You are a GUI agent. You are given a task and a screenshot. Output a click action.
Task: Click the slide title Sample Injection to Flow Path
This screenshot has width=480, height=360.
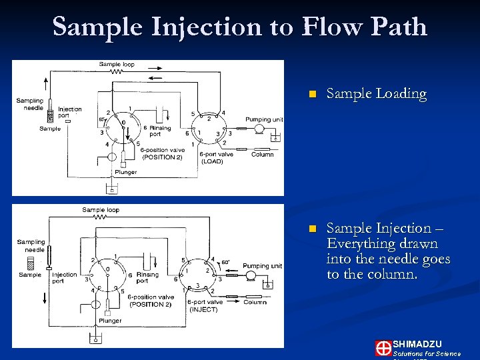[x=240, y=27]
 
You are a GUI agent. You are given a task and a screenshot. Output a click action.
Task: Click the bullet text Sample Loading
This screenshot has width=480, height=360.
[x=376, y=94]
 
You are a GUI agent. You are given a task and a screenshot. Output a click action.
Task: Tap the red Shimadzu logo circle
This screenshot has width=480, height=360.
[x=383, y=348]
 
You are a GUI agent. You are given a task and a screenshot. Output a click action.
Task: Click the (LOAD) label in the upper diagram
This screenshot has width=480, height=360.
[x=212, y=161]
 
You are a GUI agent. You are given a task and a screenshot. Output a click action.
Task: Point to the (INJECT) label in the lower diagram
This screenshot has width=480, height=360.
[x=203, y=309]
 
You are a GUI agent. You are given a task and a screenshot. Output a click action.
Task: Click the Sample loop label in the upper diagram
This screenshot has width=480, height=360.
[x=117, y=65]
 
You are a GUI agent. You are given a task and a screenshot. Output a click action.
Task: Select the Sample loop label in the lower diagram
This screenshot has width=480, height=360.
[x=100, y=210]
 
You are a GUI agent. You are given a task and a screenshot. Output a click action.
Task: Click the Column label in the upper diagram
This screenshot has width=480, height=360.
[x=262, y=155]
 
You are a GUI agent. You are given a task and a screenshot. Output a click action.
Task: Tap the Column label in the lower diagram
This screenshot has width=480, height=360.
[x=255, y=302]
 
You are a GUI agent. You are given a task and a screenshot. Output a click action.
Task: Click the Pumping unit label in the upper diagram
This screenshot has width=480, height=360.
[x=264, y=120]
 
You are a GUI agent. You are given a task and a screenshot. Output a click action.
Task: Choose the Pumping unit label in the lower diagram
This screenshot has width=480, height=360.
[x=262, y=266]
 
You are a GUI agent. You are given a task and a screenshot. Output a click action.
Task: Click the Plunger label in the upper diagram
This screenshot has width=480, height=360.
[x=125, y=172]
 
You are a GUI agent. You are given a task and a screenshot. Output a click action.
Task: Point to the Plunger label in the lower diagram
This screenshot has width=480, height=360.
[x=110, y=321]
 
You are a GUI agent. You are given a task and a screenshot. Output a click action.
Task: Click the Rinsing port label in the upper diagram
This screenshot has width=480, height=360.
[x=160, y=131]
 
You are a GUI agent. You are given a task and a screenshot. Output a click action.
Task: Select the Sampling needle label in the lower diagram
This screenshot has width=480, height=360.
[x=31, y=246]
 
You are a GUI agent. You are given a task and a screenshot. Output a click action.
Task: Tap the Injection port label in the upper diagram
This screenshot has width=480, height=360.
[x=69, y=112]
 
